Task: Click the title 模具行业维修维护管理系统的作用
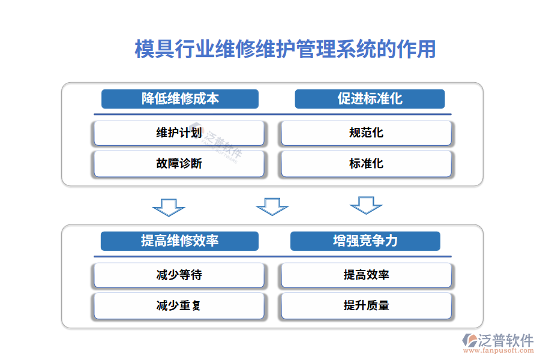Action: pyautogui.click(x=285, y=50)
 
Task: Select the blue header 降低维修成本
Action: pyautogui.click(x=180, y=99)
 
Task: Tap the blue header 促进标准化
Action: pyautogui.click(x=370, y=99)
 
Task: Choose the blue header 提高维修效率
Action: pyautogui.click(x=179, y=241)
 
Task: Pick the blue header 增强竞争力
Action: pyautogui.click(x=365, y=241)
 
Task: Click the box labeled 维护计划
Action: pyautogui.click(x=179, y=133)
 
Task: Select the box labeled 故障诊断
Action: pyautogui.click(x=179, y=164)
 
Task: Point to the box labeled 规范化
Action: pyautogui.click(x=366, y=133)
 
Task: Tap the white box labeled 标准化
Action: pyautogui.click(x=366, y=164)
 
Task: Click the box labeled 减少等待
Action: pyautogui.click(x=179, y=275)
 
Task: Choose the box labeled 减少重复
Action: pyautogui.click(x=179, y=306)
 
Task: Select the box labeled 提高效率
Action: pyautogui.click(x=366, y=275)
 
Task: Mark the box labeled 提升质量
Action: pyautogui.click(x=366, y=306)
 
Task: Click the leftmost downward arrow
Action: pyautogui.click(x=169, y=207)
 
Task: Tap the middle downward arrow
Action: pyautogui.click(x=272, y=207)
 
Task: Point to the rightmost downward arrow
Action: pyautogui.click(x=366, y=205)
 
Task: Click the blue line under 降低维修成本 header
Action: pyautogui.click(x=180, y=114)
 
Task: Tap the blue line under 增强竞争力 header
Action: pyautogui.click(x=365, y=257)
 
